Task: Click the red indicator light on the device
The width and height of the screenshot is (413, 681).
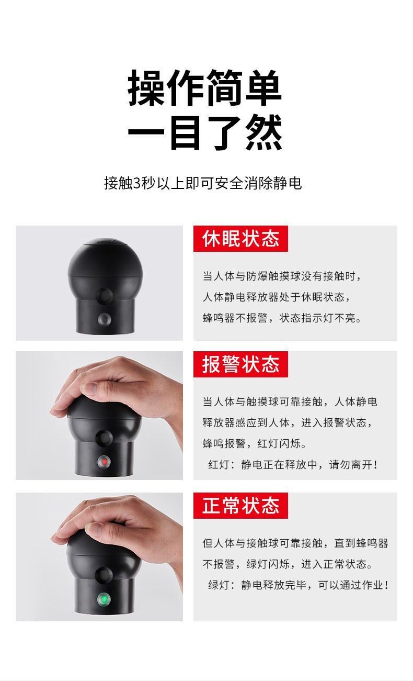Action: pyautogui.click(x=104, y=462)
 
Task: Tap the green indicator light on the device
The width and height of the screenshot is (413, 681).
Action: pyautogui.click(x=104, y=599)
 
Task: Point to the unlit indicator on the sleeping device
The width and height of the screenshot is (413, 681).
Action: pyautogui.click(x=104, y=319)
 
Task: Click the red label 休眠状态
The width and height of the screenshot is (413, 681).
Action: pyautogui.click(x=240, y=239)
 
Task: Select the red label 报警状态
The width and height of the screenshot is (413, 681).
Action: pyautogui.click(x=240, y=364)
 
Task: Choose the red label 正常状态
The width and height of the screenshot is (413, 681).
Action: pyautogui.click(x=240, y=506)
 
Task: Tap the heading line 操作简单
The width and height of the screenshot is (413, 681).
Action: pyautogui.click(x=204, y=87)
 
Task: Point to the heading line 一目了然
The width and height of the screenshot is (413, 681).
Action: pyautogui.click(x=205, y=132)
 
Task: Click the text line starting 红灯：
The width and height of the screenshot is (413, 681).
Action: pyautogui.click(x=293, y=464)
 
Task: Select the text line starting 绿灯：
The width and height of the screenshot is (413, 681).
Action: pyautogui.click(x=298, y=585)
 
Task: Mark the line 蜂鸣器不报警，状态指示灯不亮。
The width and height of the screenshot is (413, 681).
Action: pyautogui.click(x=282, y=318)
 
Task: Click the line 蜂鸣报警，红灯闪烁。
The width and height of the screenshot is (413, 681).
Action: pyautogui.click(x=254, y=443)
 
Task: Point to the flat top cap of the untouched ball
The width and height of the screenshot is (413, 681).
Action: pyautogui.click(x=105, y=242)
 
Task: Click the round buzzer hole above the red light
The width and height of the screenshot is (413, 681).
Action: pyautogui.click(x=104, y=438)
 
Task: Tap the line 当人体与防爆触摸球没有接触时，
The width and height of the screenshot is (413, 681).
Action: pyautogui.click(x=282, y=276)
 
